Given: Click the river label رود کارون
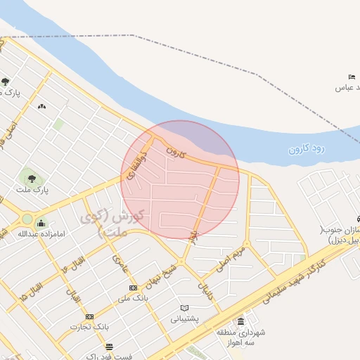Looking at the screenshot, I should (x=307, y=148).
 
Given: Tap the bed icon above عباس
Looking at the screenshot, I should (x=351, y=77).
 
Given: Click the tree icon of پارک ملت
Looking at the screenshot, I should (x=29, y=174).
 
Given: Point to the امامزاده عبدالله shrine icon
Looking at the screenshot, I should (x=41, y=224).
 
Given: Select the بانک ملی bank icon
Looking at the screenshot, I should (x=134, y=288).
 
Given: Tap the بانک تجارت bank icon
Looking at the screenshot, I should (x=88, y=316).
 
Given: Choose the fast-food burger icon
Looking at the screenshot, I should (x=109, y=347).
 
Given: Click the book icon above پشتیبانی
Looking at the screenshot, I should (x=184, y=308).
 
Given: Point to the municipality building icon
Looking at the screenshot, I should (x=241, y=321).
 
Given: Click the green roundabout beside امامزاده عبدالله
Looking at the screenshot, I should (x=27, y=219).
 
